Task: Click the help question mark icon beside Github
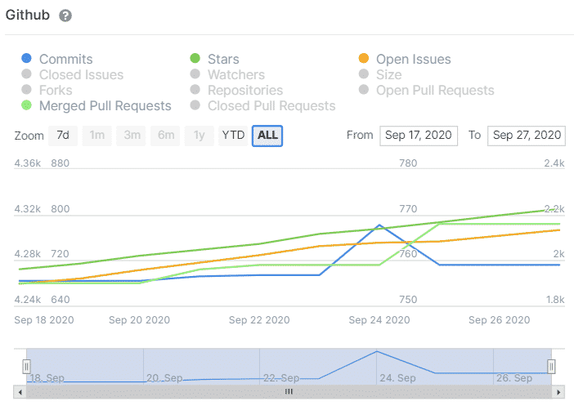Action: pyautogui.click(x=65, y=16)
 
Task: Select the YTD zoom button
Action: pyautogui.click(x=233, y=136)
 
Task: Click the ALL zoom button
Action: pyautogui.click(x=267, y=136)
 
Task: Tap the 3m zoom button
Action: pyautogui.click(x=131, y=136)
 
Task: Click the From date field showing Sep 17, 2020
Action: pyautogui.click(x=418, y=136)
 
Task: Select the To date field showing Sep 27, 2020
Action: pyautogui.click(x=526, y=136)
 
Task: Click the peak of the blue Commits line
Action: pyautogui.click(x=379, y=225)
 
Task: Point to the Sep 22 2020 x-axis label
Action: pyautogui.click(x=259, y=320)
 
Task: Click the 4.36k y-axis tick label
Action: pyautogui.click(x=27, y=163)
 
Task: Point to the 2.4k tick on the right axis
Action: pyautogui.click(x=554, y=163)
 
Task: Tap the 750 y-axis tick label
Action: pyautogui.click(x=407, y=300)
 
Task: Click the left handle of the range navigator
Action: pyautogui.click(x=26, y=366)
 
